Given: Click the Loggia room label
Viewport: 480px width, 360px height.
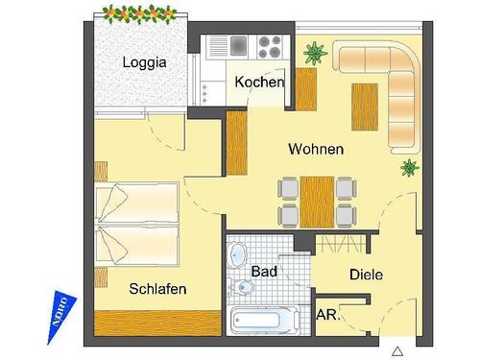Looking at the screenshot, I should (145, 63).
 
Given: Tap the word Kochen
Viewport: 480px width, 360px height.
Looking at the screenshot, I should (259, 83).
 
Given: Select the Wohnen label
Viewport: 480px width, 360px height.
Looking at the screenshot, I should (316, 150).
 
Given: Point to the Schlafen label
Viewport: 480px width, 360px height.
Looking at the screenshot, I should (157, 288).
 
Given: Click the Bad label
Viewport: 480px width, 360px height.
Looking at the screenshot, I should (264, 272).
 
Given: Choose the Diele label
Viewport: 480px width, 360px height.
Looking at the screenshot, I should (366, 275).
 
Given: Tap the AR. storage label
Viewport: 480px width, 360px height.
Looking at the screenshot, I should (327, 313).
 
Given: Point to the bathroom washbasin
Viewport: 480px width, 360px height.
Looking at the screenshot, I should (238, 256).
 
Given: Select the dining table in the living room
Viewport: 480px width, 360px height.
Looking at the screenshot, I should (316, 202).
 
